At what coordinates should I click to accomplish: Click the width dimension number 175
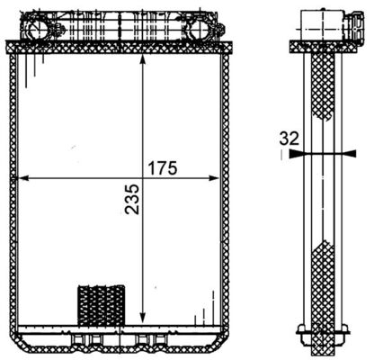(164, 168)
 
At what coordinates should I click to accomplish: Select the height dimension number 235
(132, 211)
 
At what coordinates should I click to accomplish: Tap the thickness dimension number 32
(288, 139)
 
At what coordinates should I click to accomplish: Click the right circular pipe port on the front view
(200, 31)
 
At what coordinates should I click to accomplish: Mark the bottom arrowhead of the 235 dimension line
(144, 316)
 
